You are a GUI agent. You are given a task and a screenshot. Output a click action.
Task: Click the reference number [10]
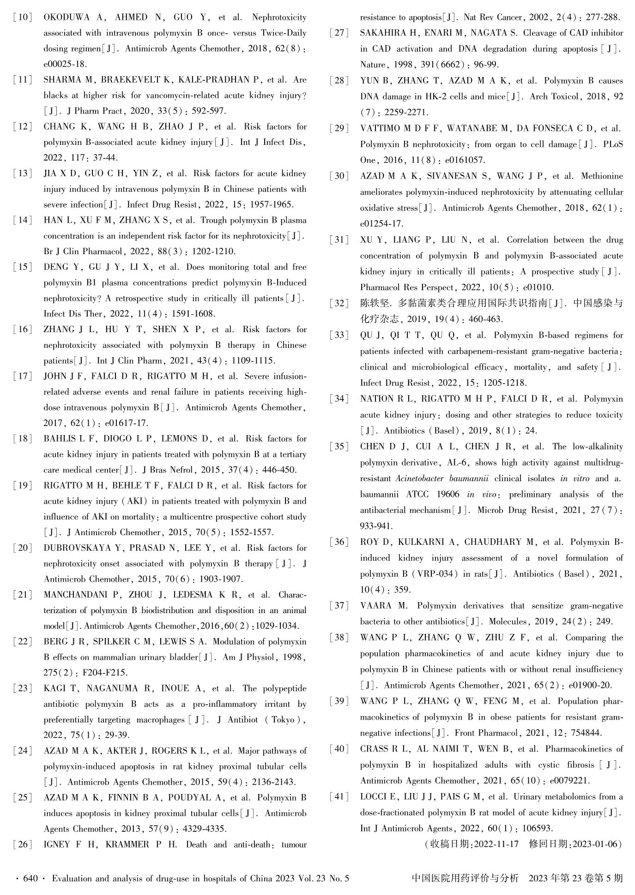23,18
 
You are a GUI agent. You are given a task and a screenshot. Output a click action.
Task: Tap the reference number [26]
23,845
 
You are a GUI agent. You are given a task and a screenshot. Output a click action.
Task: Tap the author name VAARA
375,606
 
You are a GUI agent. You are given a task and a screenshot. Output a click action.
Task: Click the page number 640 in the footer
30,878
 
